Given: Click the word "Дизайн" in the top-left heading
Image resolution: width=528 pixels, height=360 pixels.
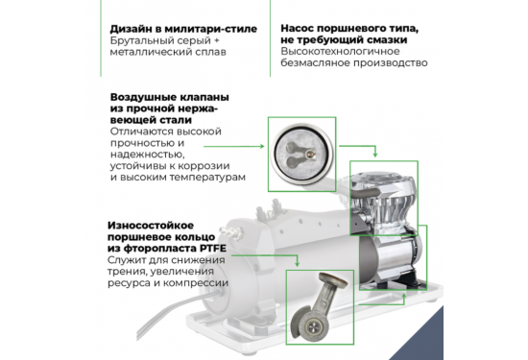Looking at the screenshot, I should (x=134, y=29).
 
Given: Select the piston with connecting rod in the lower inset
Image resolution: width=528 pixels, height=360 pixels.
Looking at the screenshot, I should (x=319, y=302).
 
